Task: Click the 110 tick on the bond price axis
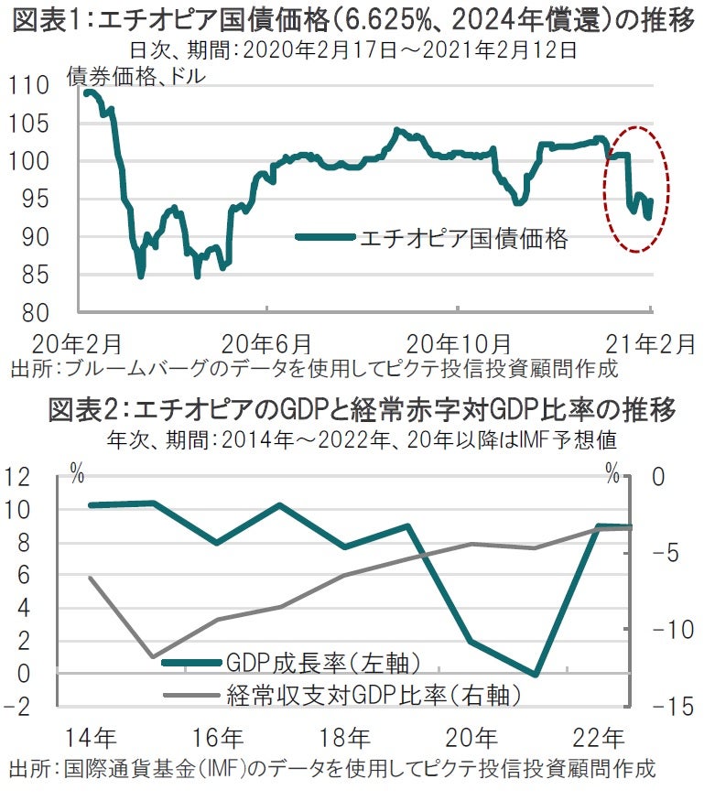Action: [32, 86]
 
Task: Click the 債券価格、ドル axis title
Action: [136, 77]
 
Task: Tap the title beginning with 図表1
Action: [352, 20]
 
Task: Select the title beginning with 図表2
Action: [352, 410]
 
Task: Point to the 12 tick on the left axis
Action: [28, 476]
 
